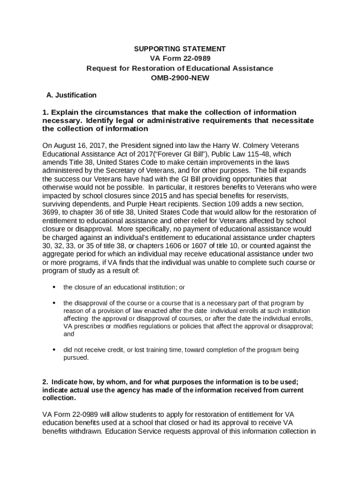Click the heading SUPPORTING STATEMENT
pyautogui.click(x=180, y=49)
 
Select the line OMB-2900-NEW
pyautogui.click(x=180, y=78)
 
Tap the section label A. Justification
pyautogui.click(x=72, y=95)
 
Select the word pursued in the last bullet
pyautogui.click(x=75, y=358)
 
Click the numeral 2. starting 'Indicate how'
pyautogui.click(x=45, y=381)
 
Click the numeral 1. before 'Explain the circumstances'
pyautogui.click(x=45, y=112)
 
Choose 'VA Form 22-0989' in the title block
pyautogui.click(x=180, y=58)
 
